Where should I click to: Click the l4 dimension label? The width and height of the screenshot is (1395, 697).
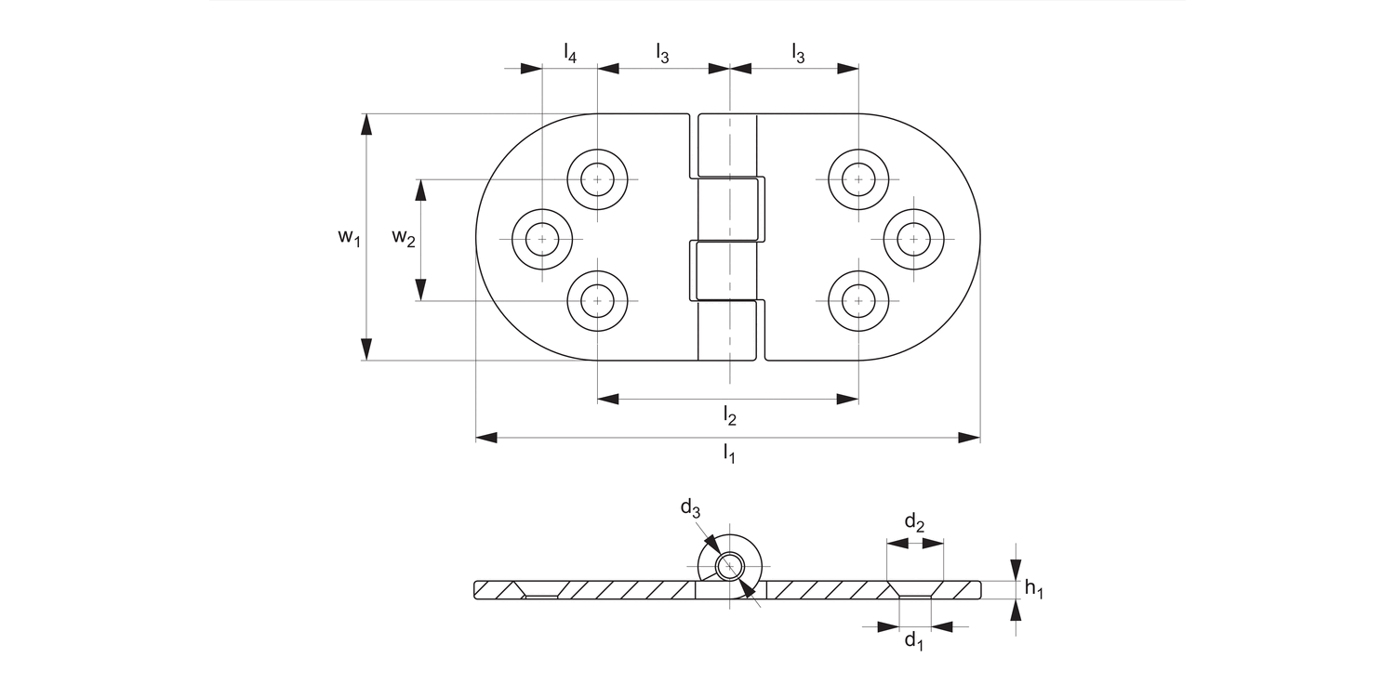[x=570, y=54]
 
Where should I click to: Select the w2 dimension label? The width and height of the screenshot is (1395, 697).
[x=403, y=238]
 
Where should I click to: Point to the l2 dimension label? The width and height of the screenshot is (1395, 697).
[x=730, y=416]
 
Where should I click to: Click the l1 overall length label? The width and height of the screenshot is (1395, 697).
[x=729, y=454]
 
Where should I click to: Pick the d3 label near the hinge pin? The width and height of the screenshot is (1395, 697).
[x=689, y=507]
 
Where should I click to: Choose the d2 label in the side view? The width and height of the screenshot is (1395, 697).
[x=914, y=524]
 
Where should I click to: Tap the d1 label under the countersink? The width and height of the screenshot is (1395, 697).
[x=914, y=641]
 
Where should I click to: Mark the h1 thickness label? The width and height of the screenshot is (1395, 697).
[x=1033, y=588]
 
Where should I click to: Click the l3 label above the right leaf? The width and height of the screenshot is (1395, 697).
[x=798, y=54]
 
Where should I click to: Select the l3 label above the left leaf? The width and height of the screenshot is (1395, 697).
[x=662, y=54]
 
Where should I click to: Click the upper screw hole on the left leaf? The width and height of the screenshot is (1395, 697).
[x=598, y=178]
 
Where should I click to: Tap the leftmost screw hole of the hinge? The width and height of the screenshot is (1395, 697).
[x=542, y=240]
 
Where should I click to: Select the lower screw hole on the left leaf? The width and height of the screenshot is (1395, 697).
[x=598, y=300]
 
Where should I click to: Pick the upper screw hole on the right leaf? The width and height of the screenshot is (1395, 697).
[x=857, y=178]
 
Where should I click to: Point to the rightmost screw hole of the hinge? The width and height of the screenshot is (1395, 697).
[x=913, y=240]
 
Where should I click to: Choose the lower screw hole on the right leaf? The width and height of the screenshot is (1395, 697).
[x=857, y=300]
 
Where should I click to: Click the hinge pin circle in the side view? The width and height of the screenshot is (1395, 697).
[x=730, y=566]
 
